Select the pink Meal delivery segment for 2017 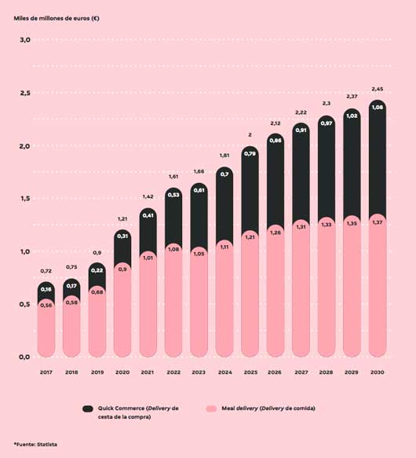[x=46, y=330]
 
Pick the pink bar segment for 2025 [x=250, y=299]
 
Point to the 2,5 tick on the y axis [x=24, y=93]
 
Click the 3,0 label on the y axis [x=24, y=40]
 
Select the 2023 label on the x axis [x=199, y=371]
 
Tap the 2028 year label [x=326, y=371]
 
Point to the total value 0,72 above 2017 [x=46, y=270]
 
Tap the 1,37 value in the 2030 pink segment [x=377, y=222]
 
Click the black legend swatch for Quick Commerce [x=88, y=409]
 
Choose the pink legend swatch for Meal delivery [x=210, y=409]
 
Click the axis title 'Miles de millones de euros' [x=57, y=17]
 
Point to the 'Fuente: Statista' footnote [x=35, y=445]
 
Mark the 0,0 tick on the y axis [x=24, y=357]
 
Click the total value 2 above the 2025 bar [x=250, y=135]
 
